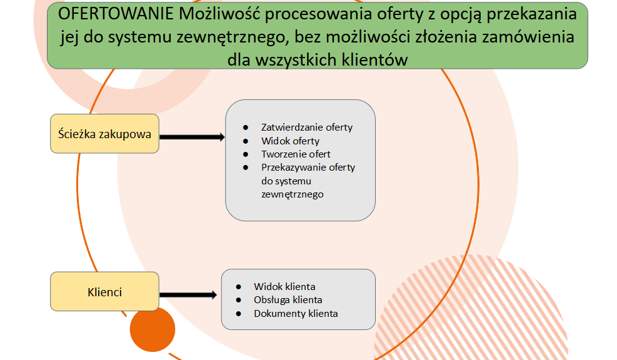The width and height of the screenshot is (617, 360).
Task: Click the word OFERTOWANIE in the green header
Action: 116,14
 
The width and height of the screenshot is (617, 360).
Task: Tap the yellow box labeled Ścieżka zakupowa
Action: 104,134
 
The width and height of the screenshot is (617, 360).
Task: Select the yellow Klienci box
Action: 104,291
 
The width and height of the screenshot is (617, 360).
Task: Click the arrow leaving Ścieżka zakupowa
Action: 192,137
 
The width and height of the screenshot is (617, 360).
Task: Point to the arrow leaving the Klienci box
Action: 188,295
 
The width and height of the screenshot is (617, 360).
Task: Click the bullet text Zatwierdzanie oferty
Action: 307,127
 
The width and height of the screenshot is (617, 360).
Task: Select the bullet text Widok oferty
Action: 291,141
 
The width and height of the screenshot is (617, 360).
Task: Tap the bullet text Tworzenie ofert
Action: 296,154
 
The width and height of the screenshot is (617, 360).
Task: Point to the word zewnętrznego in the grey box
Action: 293,194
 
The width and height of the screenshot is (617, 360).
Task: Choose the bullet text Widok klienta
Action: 284,286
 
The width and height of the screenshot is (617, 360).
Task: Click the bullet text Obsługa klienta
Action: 288,300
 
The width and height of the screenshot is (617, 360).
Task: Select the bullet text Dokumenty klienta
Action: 296,314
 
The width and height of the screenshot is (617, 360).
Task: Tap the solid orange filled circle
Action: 153,329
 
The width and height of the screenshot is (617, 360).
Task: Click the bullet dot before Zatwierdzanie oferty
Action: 246,127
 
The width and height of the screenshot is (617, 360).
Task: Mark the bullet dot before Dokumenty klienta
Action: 238,314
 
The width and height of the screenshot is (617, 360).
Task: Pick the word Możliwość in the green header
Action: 219,14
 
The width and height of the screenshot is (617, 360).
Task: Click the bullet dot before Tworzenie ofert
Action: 246,154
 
